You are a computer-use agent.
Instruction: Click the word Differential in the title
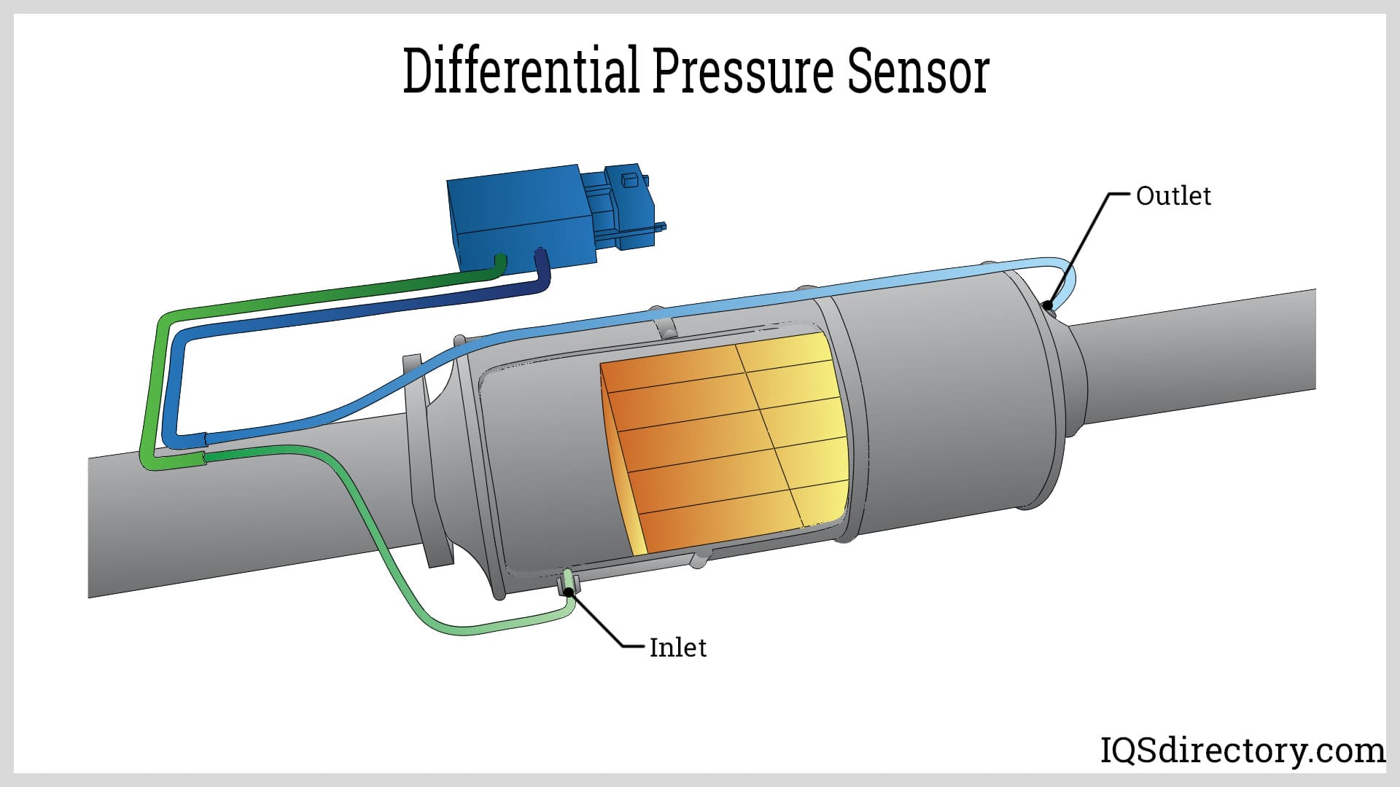521,71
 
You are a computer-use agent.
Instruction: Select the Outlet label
1172,195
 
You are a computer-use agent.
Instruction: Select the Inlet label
677,647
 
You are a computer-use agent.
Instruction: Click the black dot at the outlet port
1048,305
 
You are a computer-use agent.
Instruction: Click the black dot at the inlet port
568,591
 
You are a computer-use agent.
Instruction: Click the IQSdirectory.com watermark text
1242,750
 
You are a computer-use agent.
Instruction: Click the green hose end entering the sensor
499,264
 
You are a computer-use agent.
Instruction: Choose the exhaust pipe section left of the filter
241,525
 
